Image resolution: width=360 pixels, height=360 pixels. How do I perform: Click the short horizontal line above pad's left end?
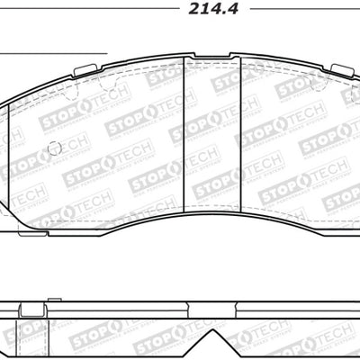(x=54, y=53)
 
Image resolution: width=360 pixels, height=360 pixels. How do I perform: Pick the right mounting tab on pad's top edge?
(x=342, y=71)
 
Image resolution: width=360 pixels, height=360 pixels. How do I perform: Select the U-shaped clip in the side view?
(x=32, y=311)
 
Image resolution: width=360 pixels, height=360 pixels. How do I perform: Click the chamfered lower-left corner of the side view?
(x=4, y=353)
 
